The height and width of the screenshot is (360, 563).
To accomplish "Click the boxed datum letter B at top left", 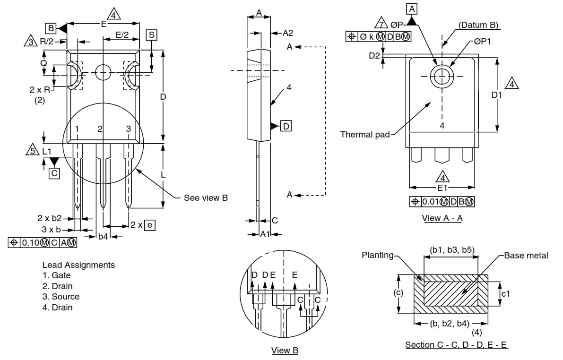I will pos(51,28).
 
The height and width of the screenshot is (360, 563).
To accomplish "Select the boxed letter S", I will pos(151,35).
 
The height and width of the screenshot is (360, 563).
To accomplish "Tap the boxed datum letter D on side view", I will pos(286,126).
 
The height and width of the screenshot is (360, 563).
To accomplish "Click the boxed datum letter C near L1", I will pos(54,173).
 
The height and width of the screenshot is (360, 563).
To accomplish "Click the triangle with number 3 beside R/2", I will pos(31,42).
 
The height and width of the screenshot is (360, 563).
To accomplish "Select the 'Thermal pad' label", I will pos(365,135).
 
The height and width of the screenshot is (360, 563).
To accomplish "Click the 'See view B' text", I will pos(206,197).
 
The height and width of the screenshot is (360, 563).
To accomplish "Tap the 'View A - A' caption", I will pos(442,218).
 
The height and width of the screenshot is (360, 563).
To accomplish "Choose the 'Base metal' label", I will pos(526,256).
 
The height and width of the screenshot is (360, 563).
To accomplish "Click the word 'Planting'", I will pos(378,255).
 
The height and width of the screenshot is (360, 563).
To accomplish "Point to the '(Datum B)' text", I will pos(478,25).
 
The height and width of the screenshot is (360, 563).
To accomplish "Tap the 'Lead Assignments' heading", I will pos(78,265).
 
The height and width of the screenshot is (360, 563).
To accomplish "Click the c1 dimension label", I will pos(505,294).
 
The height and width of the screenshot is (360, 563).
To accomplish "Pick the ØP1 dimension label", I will pos(483,42).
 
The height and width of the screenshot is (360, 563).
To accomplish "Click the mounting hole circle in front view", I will pos(103,73).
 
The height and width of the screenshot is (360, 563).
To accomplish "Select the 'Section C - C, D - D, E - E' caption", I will pos(456,345).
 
